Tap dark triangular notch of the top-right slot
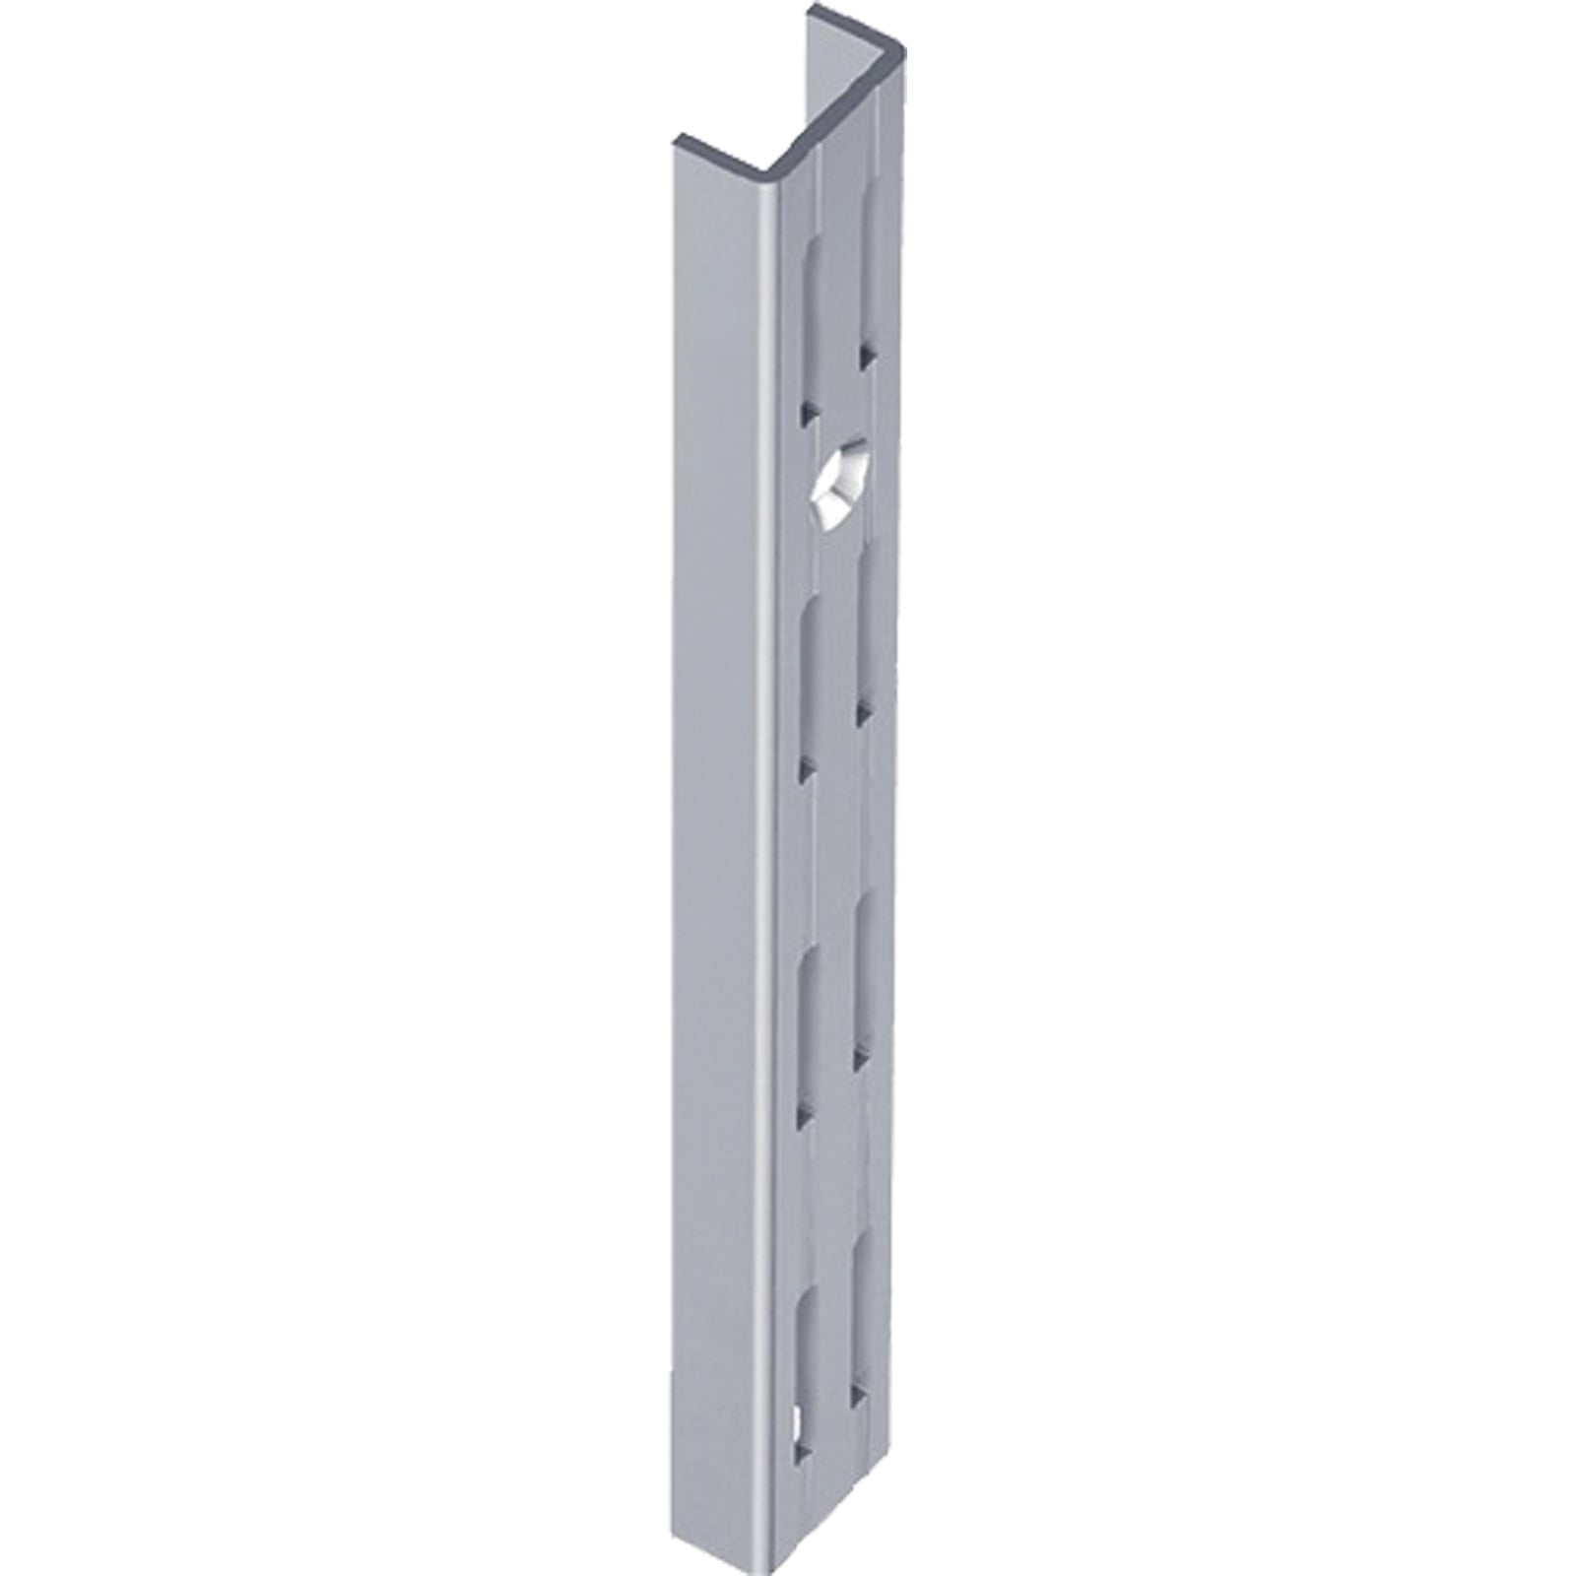point(865,358)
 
